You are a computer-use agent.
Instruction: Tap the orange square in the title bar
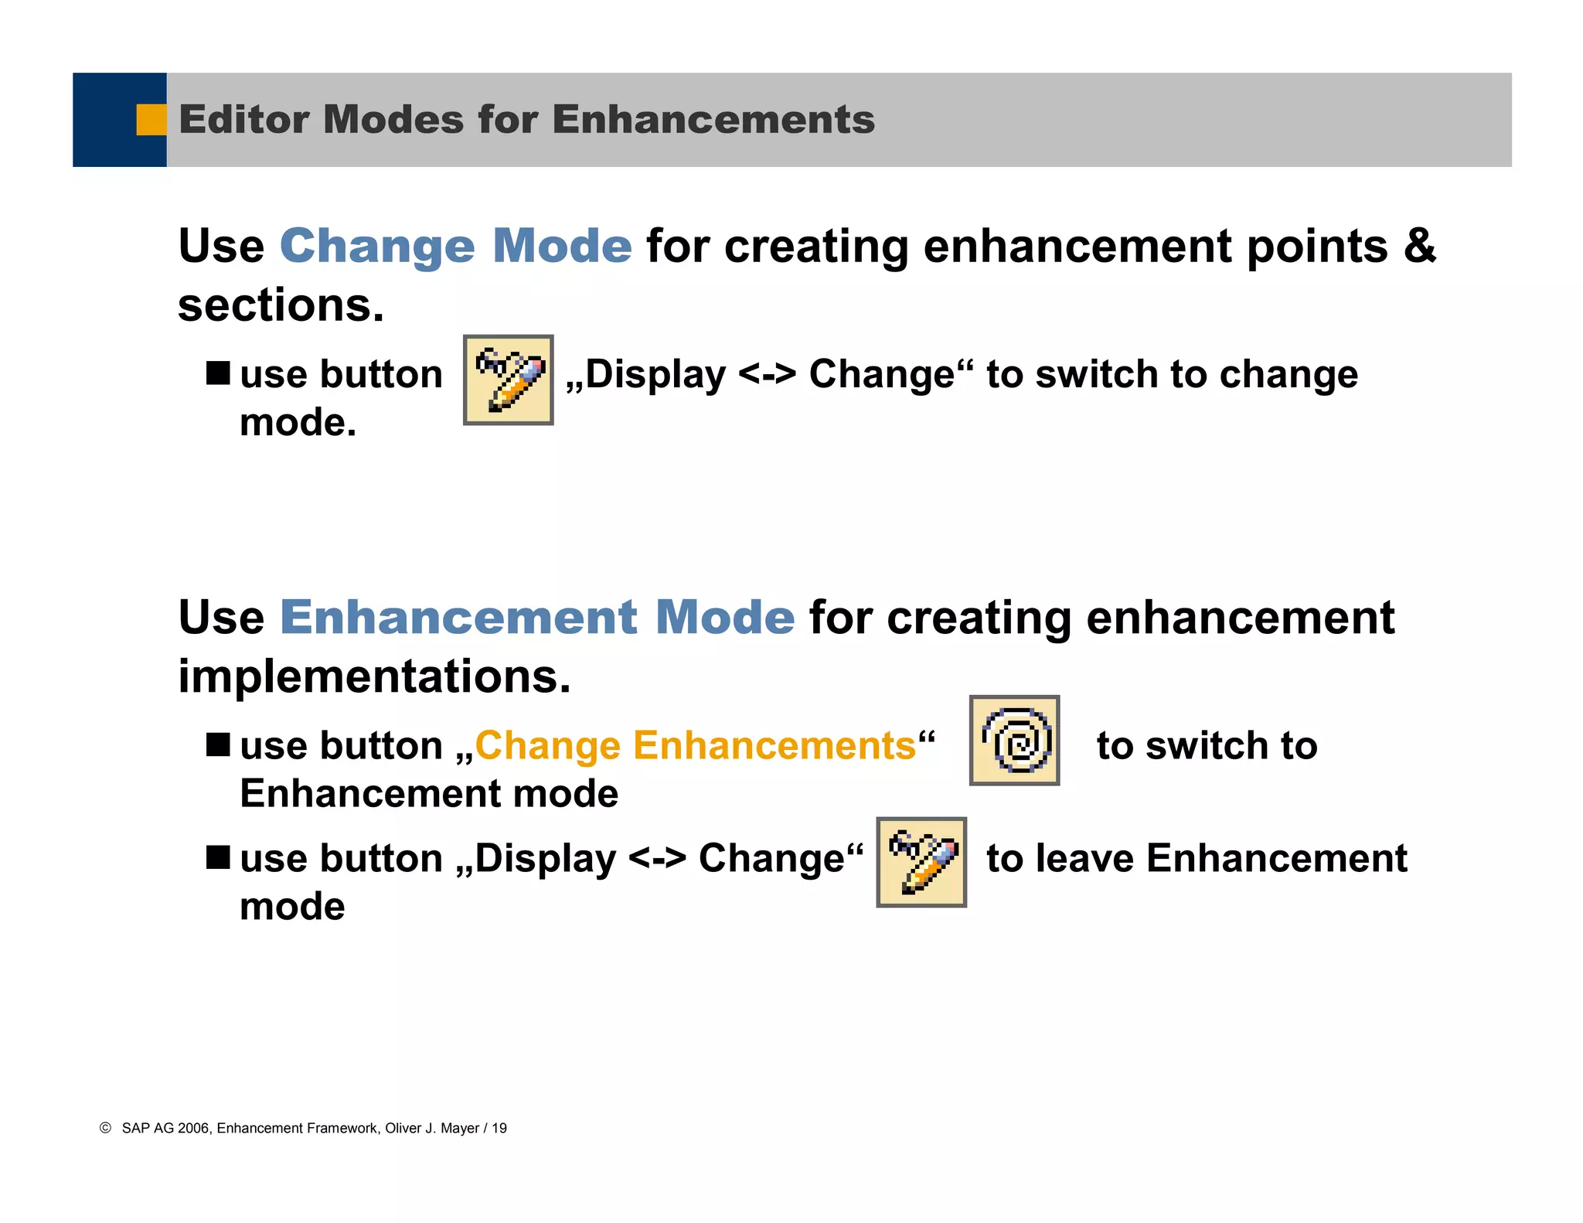[x=151, y=120]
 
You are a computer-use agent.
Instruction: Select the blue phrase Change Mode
[x=455, y=246]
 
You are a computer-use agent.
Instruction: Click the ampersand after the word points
[x=1419, y=246]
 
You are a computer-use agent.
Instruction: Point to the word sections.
[x=281, y=305]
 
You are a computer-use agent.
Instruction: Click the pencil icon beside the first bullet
[x=508, y=380]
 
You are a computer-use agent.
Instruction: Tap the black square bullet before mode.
[x=218, y=373]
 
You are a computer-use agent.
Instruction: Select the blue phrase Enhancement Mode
[x=536, y=617]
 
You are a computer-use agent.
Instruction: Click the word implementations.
[x=374, y=676]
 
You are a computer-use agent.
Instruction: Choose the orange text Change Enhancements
[x=695, y=746]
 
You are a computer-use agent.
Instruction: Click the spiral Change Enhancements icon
[x=1014, y=741]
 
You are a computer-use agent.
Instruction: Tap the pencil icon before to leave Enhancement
[x=921, y=862]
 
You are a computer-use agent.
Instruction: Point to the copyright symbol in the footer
[x=106, y=1128]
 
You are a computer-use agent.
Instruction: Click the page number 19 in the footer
[x=499, y=1128]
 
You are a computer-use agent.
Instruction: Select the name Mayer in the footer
[x=460, y=1128]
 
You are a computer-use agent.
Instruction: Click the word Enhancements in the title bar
[x=713, y=120]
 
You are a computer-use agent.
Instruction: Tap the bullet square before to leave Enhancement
[x=218, y=857]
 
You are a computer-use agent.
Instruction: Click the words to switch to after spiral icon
[x=1207, y=746]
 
